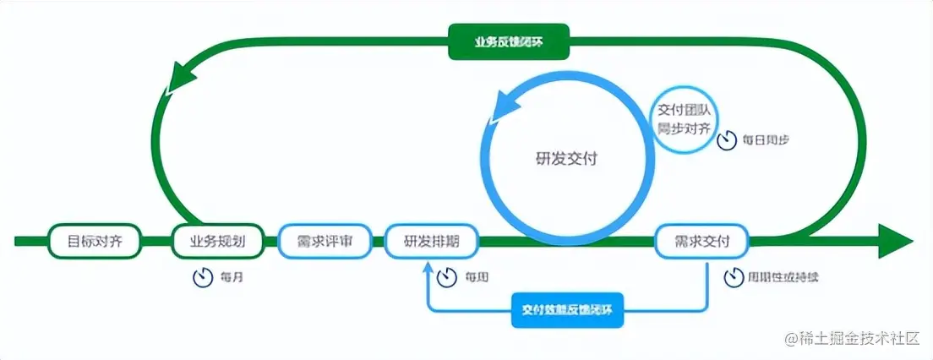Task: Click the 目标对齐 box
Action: coord(95,241)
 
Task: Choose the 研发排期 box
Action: coord(432,241)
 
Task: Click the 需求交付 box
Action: coord(702,241)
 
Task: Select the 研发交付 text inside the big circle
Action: coord(566,158)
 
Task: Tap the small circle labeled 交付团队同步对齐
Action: coord(686,120)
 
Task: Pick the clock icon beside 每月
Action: coord(202,277)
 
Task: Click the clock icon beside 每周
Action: coord(447,277)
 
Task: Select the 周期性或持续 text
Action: coord(783,277)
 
